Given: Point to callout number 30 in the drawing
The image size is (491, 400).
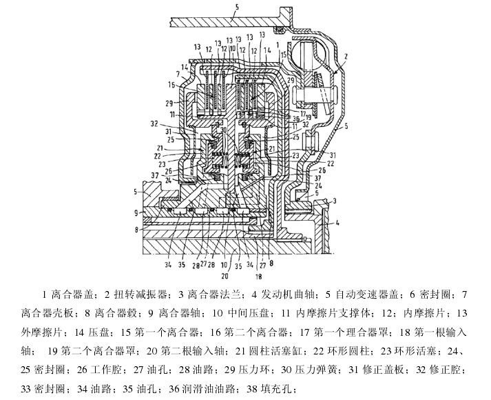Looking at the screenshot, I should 223,130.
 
